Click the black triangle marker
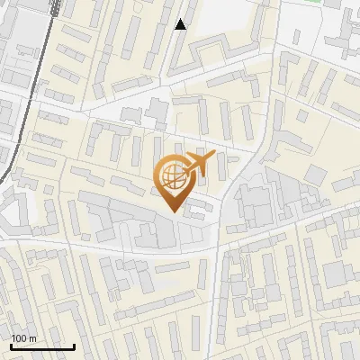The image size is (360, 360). coord(181,24)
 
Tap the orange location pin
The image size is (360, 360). coord(173,183)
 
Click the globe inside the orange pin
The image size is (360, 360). coord(173,176)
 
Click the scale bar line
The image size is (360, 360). coord(42,346)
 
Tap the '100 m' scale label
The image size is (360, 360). coord(23,338)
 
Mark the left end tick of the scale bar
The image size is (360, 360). coord(11,345)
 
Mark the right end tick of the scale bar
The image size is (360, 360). coord(74,345)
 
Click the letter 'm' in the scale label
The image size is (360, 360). coord(32,338)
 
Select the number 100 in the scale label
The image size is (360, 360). coord(19,338)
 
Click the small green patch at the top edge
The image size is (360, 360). coord(312,2)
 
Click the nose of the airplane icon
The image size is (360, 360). coord(214,157)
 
